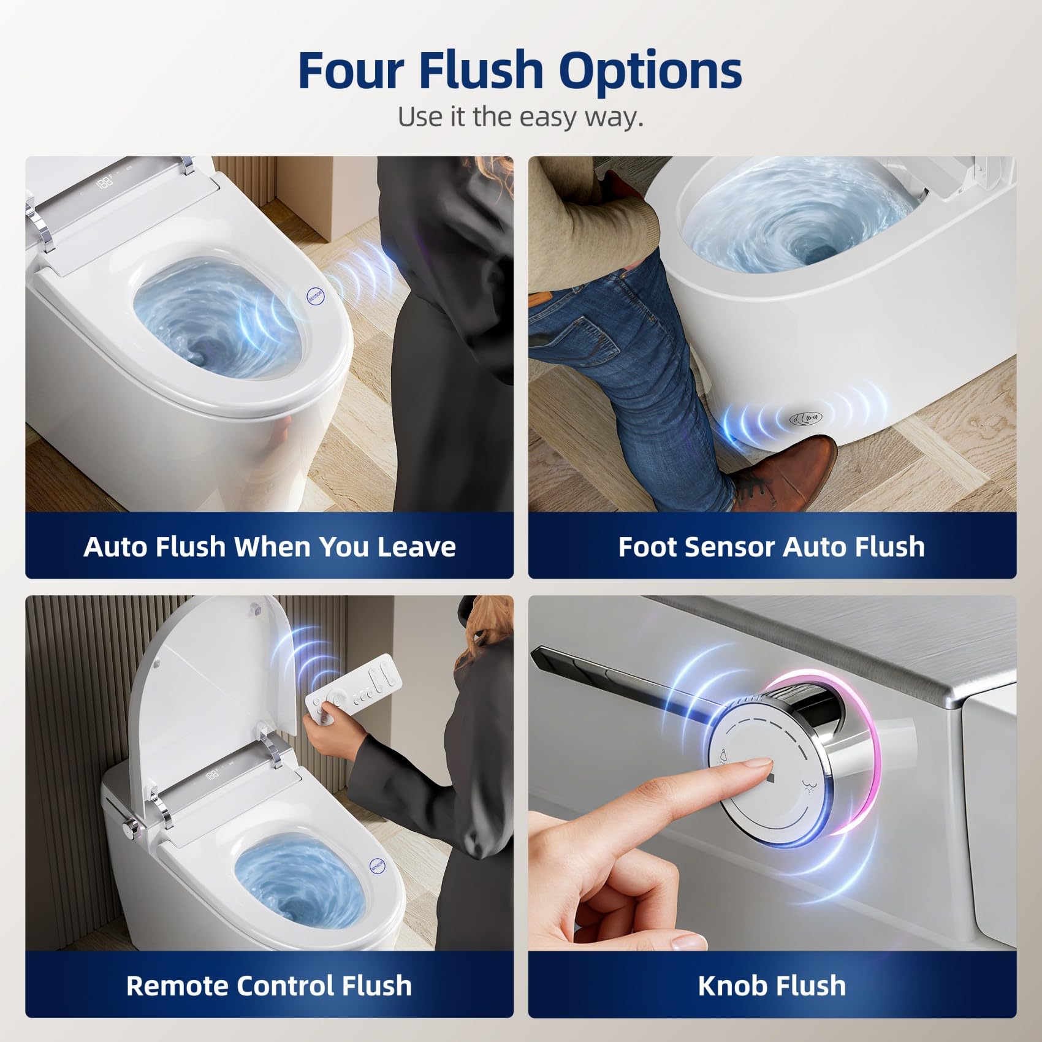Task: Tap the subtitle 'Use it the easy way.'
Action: [520, 116]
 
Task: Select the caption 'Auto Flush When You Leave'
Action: [270, 547]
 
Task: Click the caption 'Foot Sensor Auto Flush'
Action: [772, 547]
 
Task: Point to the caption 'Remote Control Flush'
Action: [269, 986]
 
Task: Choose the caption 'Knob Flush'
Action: [772, 986]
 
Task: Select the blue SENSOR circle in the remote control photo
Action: [378, 865]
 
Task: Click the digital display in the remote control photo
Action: [213, 775]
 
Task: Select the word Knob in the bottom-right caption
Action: [732, 986]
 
